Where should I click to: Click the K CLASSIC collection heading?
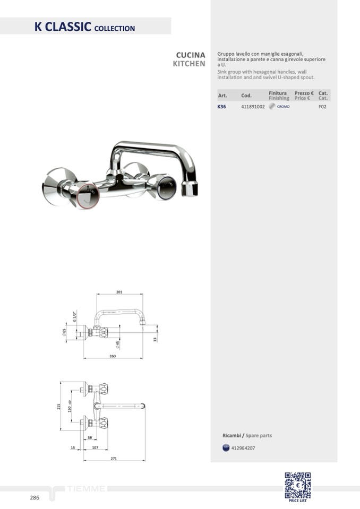click(85, 27)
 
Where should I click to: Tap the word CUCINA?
click(191, 55)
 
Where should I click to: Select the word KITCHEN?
click(189, 64)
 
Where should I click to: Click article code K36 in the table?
click(222, 107)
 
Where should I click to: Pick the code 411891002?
click(253, 107)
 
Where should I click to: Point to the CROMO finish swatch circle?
click(272, 106)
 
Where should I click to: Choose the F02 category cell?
click(322, 107)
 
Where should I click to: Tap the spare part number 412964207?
click(243, 448)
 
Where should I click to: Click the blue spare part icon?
click(226, 448)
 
